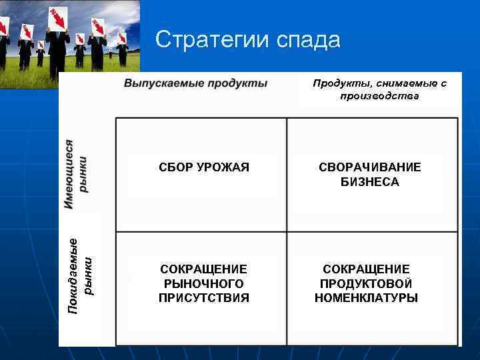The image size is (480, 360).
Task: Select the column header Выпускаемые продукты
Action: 195,83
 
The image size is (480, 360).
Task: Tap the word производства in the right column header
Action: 379,96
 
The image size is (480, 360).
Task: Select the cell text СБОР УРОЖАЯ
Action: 204,167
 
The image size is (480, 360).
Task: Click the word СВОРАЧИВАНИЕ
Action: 370,167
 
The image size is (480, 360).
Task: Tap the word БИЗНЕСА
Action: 370,182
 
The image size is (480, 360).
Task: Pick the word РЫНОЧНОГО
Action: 204,283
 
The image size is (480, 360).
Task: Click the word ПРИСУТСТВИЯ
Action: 204,298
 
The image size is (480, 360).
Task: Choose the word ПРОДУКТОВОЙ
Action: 367,283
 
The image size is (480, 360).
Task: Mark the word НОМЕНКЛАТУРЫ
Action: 367,298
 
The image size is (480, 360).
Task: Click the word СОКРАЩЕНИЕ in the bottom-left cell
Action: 204,269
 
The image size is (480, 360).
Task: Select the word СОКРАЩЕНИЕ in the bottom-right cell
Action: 367,269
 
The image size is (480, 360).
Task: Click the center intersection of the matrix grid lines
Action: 287,231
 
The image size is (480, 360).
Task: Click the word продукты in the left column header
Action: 237,83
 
